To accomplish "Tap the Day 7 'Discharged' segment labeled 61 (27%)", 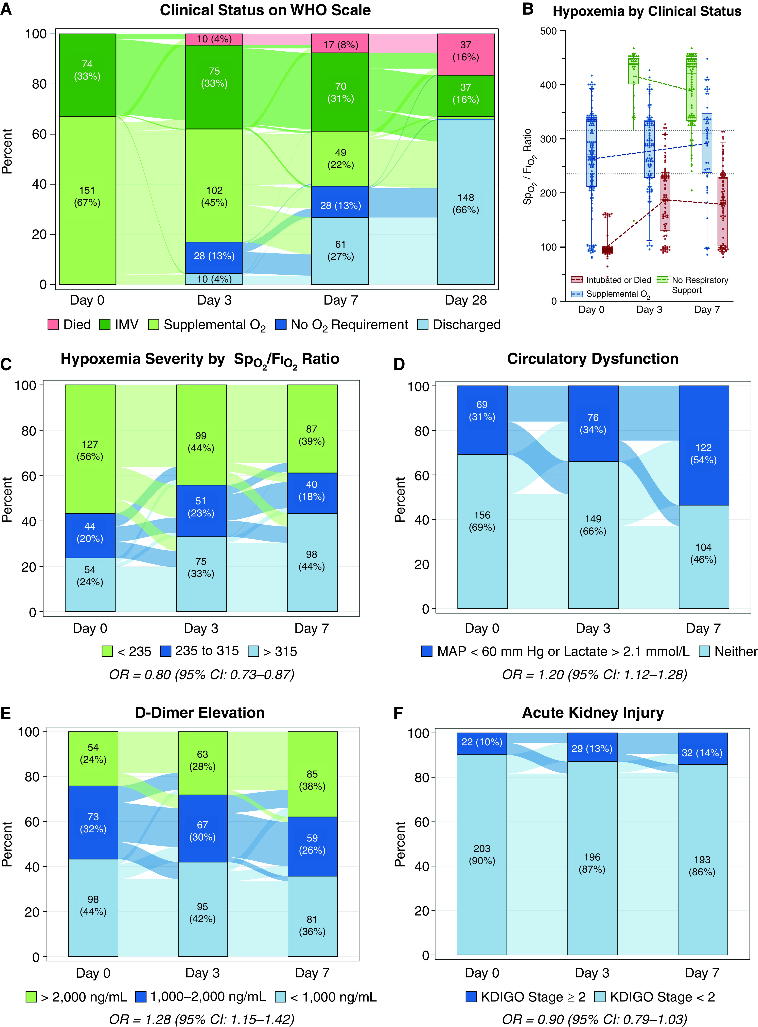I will (340, 251).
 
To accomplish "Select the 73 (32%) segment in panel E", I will (93, 822).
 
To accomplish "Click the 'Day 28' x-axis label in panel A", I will (466, 300).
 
